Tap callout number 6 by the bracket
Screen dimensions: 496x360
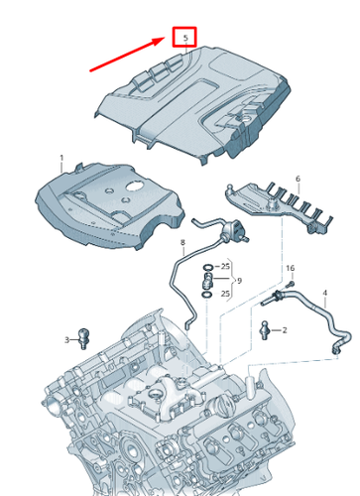pos(296,179)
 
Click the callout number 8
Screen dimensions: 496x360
pos(182,242)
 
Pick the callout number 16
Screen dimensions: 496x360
pos(291,268)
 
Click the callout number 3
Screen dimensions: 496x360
pos(67,340)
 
